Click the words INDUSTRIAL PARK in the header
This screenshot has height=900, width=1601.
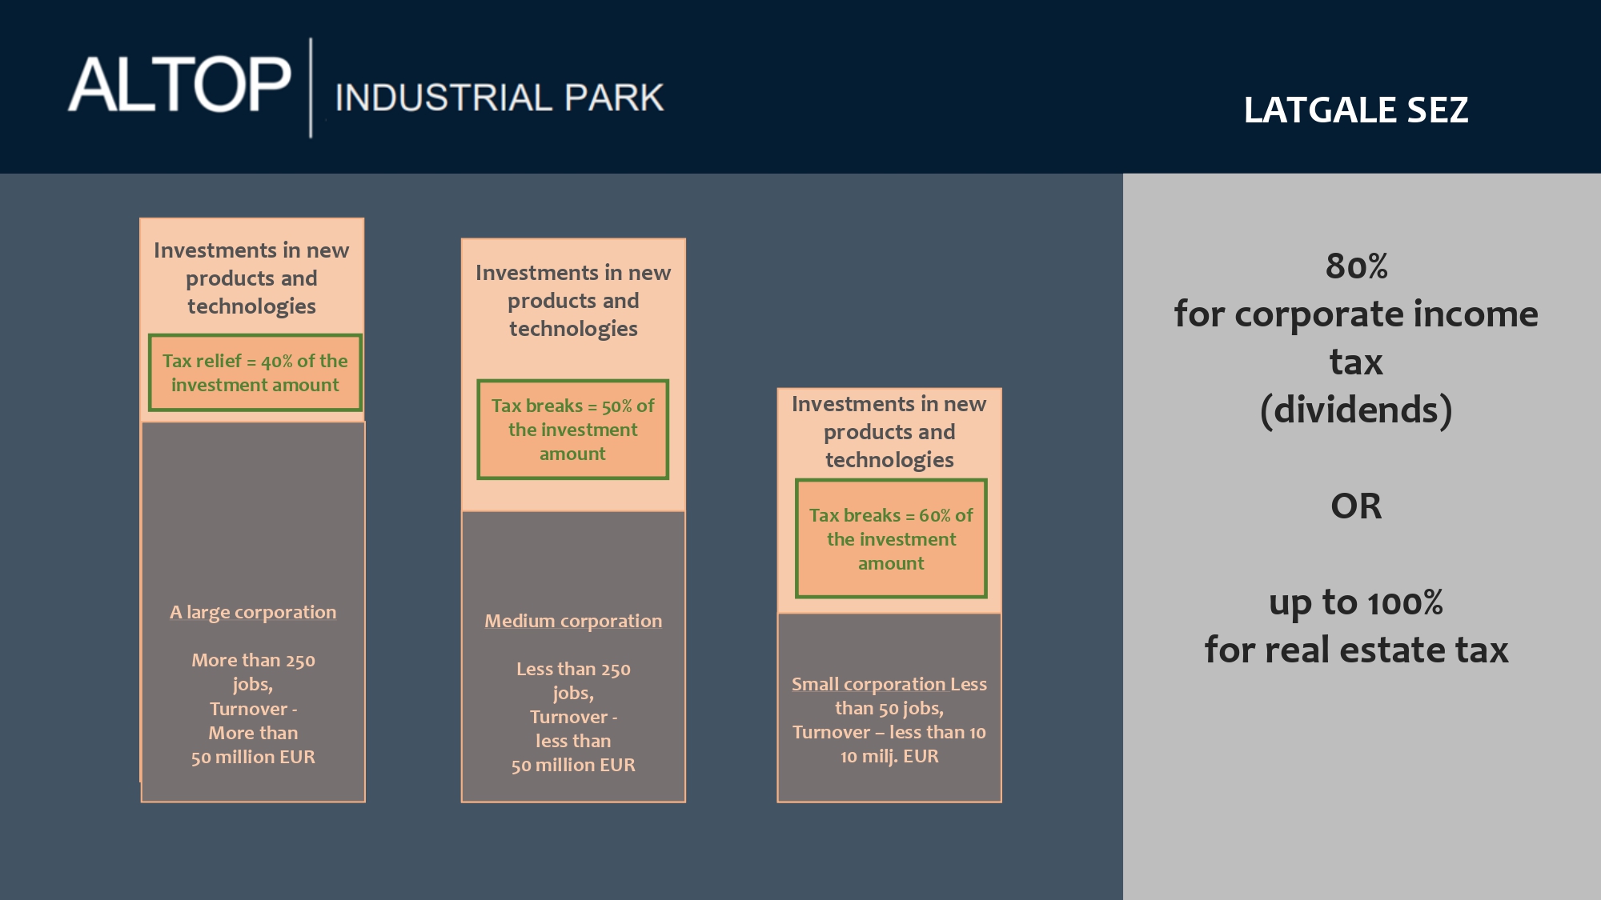pyautogui.click(x=500, y=98)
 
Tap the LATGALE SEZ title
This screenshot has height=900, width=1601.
pyautogui.click(x=1356, y=110)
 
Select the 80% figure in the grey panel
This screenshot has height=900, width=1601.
pyautogui.click(x=1356, y=266)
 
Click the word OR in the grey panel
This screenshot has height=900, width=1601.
pyautogui.click(x=1356, y=506)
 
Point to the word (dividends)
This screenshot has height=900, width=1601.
pyautogui.click(x=1356, y=410)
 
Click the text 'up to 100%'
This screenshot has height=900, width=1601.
pyautogui.click(x=1356, y=602)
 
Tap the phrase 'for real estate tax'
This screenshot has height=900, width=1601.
pyautogui.click(x=1356, y=650)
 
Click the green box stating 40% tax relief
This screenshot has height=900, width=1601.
pyautogui.click(x=255, y=373)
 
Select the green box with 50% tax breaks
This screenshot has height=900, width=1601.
pyautogui.click(x=573, y=430)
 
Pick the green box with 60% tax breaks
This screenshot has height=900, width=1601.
pyautogui.click(x=891, y=538)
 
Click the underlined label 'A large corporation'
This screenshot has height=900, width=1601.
pyautogui.click(x=253, y=612)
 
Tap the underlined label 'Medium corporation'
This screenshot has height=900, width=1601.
pyautogui.click(x=573, y=621)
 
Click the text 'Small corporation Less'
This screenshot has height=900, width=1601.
pyautogui.click(x=889, y=684)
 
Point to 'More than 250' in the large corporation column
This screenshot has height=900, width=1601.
pyautogui.click(x=253, y=660)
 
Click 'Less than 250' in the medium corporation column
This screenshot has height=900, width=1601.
pyautogui.click(x=573, y=669)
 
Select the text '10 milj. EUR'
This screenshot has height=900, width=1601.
pyautogui.click(x=889, y=756)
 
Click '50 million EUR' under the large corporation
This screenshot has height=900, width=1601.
pyautogui.click(x=253, y=757)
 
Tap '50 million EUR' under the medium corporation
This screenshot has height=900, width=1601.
pyautogui.click(x=573, y=765)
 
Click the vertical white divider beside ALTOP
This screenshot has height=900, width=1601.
pyautogui.click(x=311, y=88)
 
